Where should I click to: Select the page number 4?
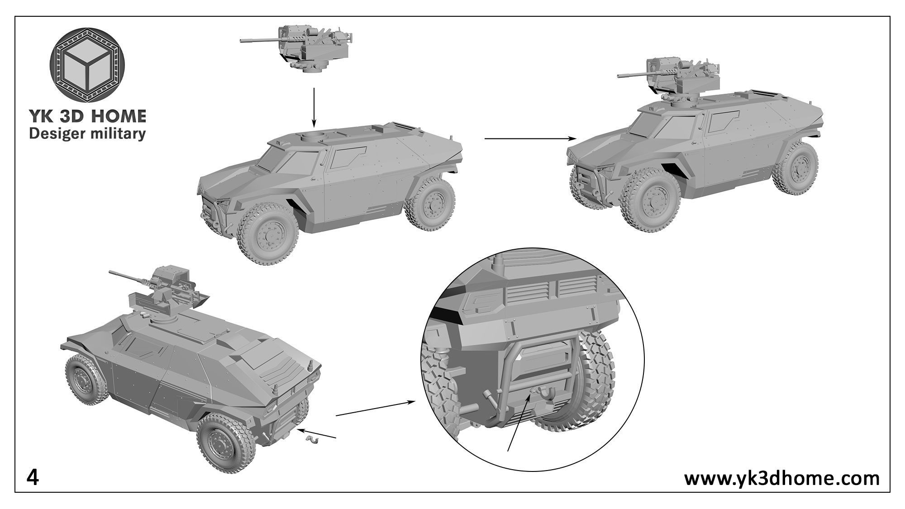coord(33,478)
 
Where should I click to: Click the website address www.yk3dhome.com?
coord(781,478)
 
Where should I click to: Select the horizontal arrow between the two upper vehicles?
coord(529,138)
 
